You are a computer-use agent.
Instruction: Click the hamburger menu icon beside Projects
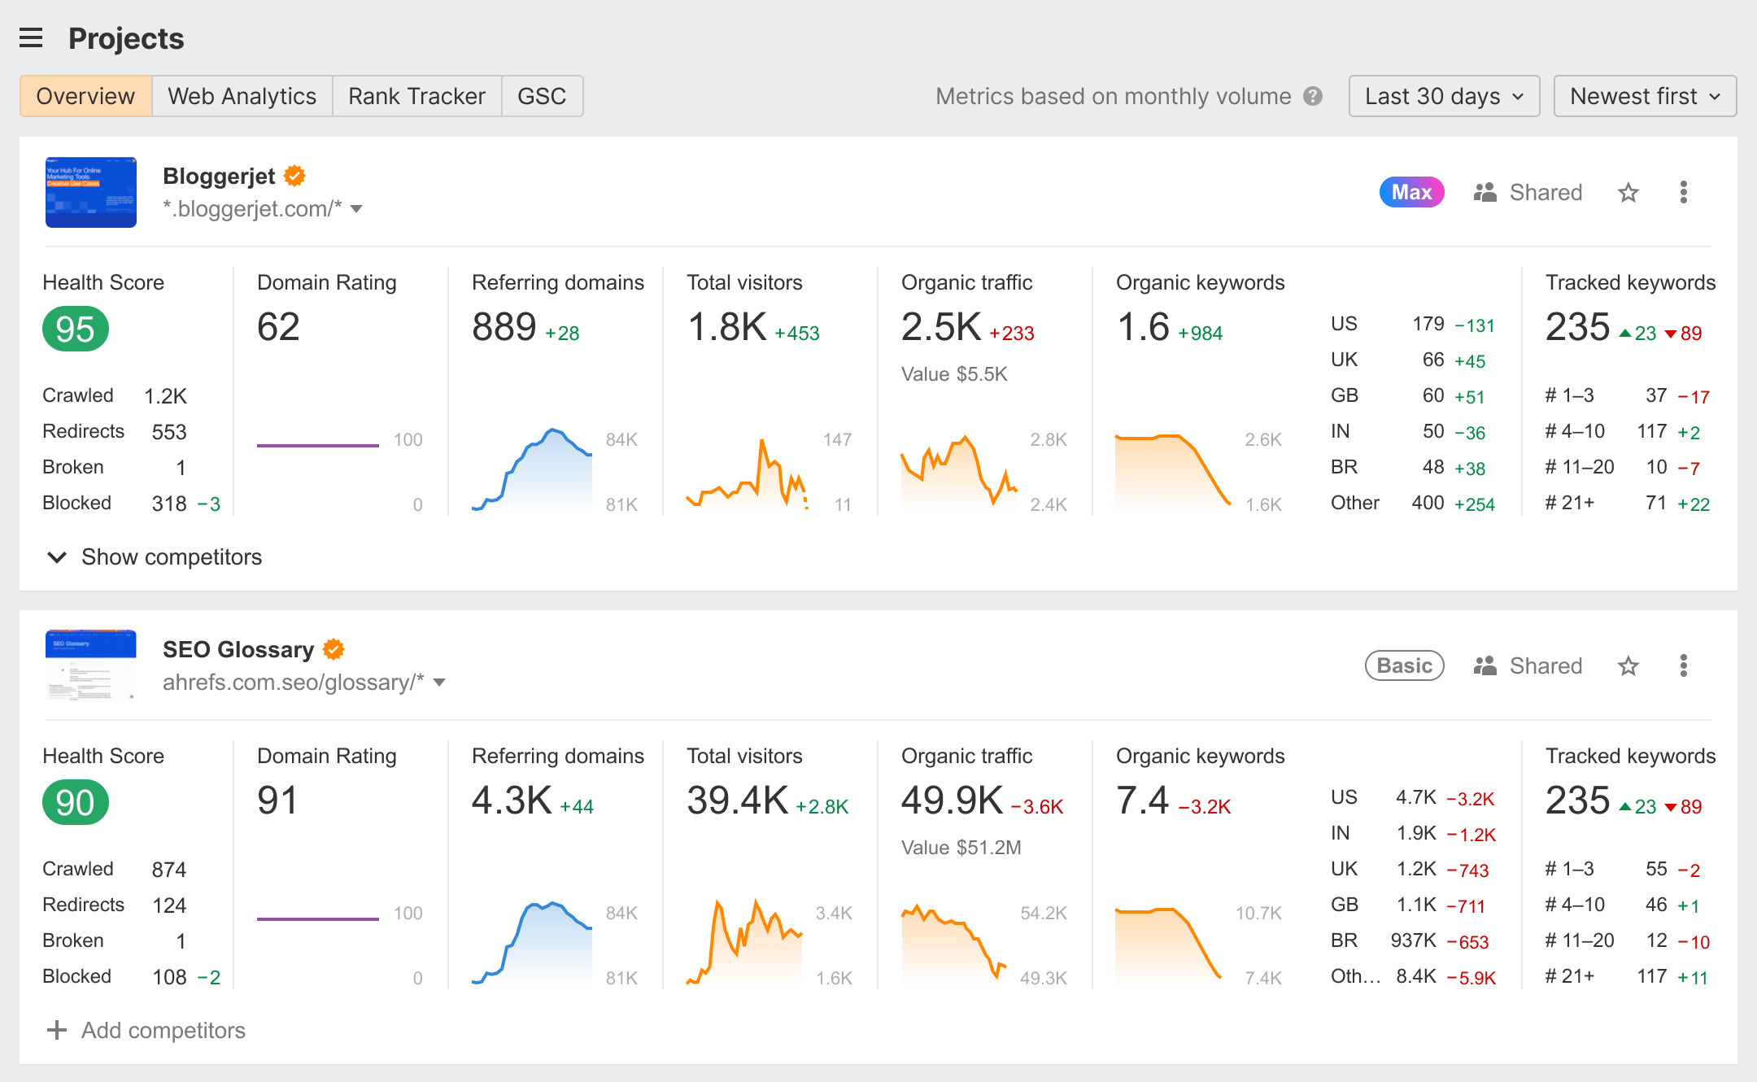tap(31, 38)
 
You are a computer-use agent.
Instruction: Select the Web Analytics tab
tap(242, 96)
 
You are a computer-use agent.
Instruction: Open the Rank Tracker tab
tap(416, 96)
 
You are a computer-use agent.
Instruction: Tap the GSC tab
tap(542, 96)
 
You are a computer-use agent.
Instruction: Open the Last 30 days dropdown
tap(1444, 96)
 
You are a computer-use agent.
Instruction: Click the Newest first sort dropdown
tap(1645, 96)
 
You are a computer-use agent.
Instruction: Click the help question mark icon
tap(1313, 96)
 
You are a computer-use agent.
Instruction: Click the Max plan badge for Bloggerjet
tap(1411, 192)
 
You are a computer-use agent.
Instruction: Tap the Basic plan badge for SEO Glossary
tap(1404, 665)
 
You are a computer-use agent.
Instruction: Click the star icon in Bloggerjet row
tap(1628, 193)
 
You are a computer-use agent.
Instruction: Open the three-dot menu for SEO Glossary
tap(1684, 665)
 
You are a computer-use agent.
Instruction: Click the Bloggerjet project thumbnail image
tap(91, 192)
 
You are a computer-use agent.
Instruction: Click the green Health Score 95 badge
tap(76, 329)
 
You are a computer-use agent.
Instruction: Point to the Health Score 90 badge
tap(76, 802)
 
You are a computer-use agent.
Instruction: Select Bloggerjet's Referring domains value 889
tap(504, 327)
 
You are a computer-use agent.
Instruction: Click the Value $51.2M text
tap(961, 848)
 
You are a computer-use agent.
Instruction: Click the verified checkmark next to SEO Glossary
tap(334, 649)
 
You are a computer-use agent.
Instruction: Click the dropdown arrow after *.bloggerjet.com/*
tap(356, 209)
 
